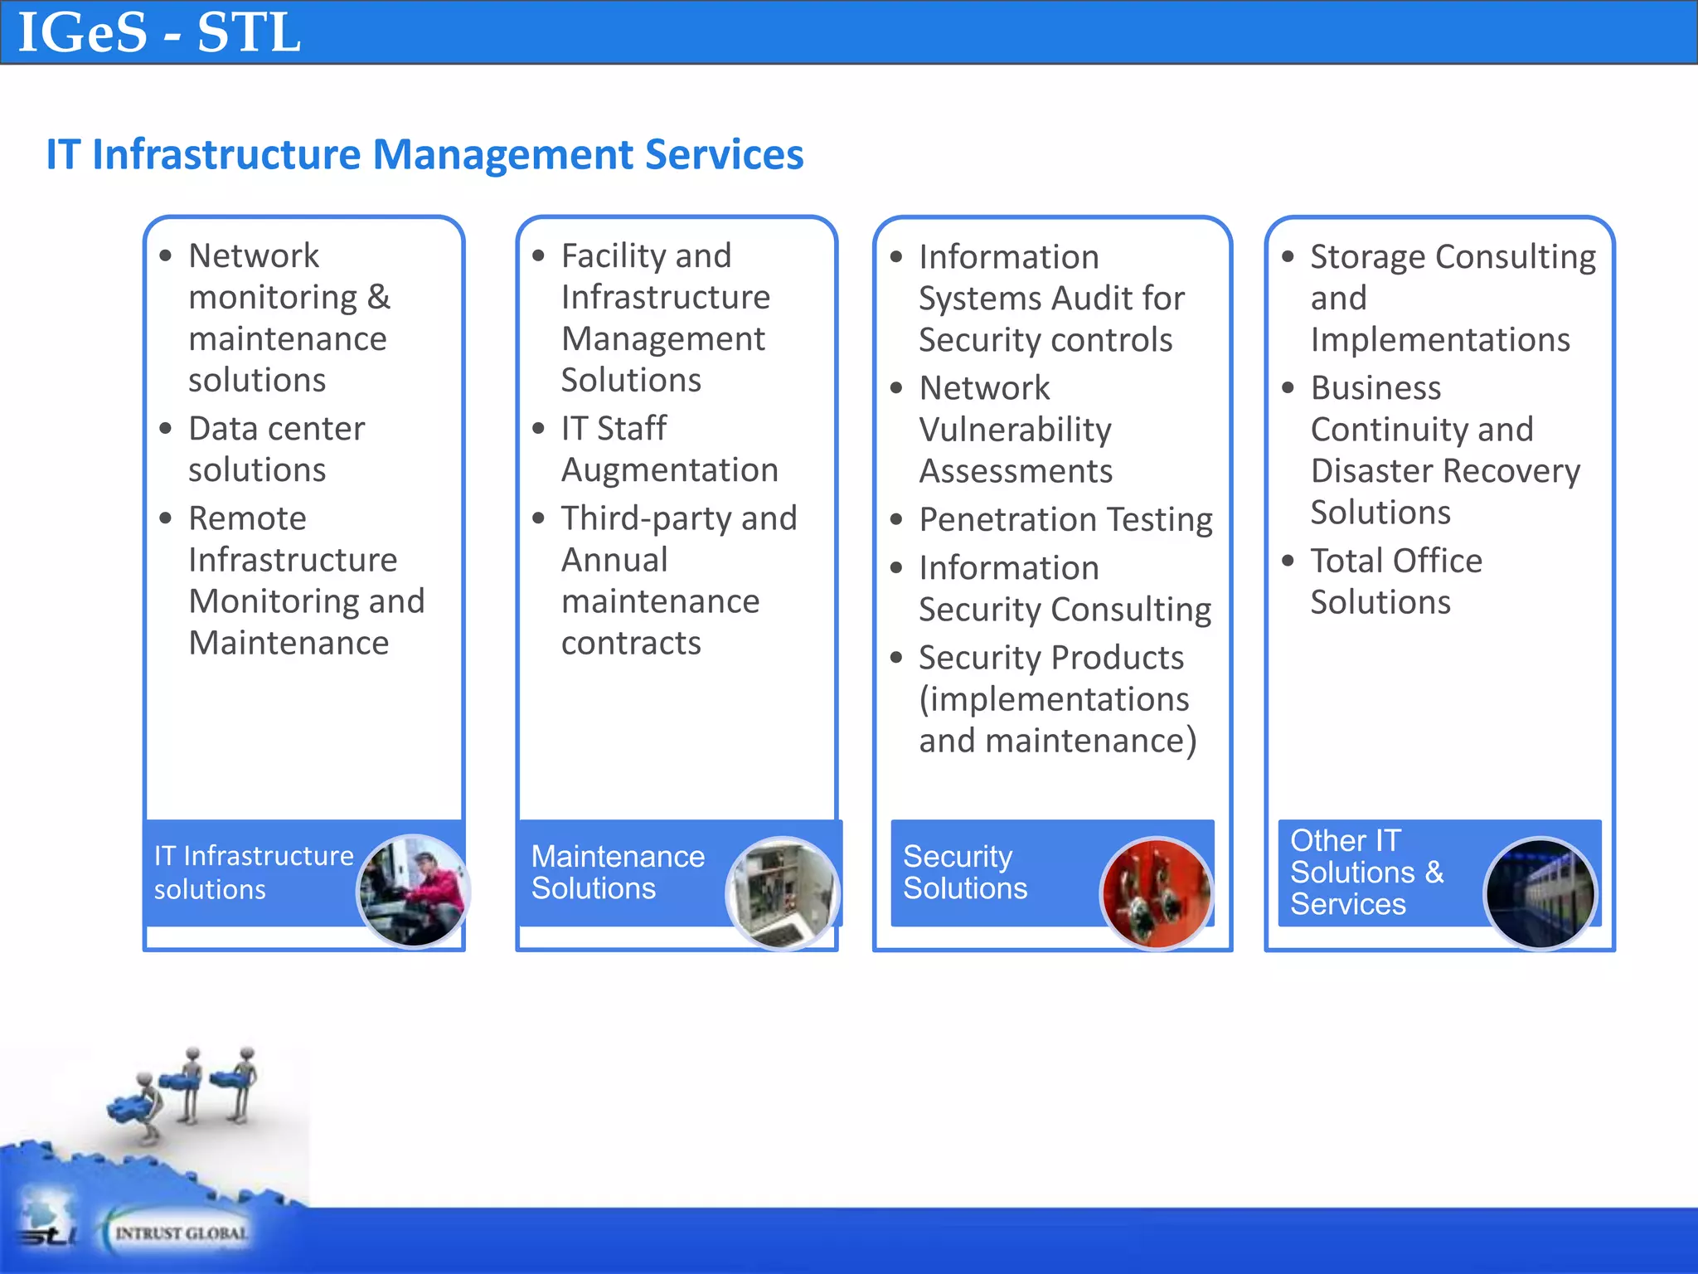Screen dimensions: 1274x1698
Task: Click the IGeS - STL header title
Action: click(159, 33)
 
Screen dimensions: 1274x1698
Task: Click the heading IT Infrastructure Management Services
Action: click(424, 155)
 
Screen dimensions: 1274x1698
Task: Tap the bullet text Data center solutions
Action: click(275, 449)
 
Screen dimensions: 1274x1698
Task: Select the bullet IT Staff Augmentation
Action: click(668, 449)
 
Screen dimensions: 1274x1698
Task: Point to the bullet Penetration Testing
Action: click(1065, 520)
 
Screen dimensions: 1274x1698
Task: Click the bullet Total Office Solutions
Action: click(1395, 581)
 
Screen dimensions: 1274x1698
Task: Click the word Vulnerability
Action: click(1015, 430)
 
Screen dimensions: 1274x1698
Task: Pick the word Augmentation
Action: click(669, 470)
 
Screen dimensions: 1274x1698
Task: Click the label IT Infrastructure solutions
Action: click(253, 873)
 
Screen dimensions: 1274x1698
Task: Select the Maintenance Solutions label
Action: click(617, 873)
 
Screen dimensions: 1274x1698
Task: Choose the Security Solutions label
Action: click(964, 873)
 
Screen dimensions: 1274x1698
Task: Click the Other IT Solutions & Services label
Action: click(1366, 873)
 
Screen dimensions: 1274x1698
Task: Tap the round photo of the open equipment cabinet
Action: click(783, 893)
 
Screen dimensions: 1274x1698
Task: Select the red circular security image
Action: click(1157, 893)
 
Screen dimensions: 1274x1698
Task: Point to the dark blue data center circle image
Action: click(1540, 893)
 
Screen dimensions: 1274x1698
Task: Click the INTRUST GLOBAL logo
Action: click(179, 1233)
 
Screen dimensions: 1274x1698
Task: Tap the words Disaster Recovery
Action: click(1444, 471)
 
